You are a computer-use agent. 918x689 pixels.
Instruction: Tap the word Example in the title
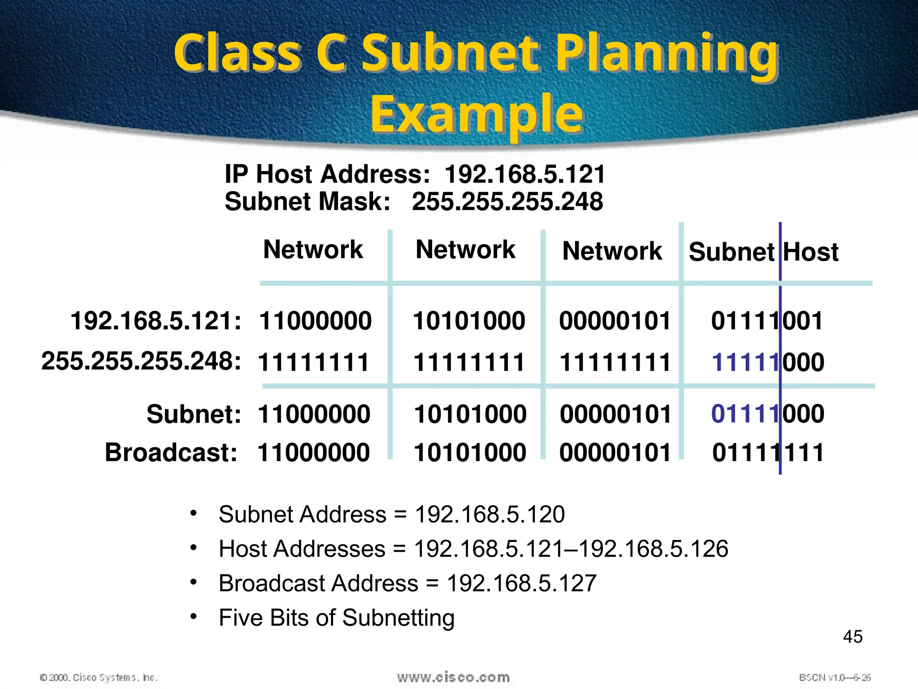[477, 114]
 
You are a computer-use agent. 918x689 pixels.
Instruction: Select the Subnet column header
[732, 252]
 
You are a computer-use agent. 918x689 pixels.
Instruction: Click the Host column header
[811, 252]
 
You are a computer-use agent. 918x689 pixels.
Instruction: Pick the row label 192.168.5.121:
[156, 321]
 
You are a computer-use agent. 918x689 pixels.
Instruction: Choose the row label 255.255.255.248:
[141, 361]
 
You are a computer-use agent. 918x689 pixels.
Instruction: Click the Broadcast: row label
[171, 452]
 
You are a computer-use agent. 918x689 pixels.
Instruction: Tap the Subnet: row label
[194, 414]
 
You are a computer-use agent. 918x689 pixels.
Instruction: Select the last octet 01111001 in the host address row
[767, 321]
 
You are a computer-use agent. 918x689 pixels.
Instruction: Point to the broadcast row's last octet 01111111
[768, 452]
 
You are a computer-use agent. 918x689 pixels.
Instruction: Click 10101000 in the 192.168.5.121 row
[469, 321]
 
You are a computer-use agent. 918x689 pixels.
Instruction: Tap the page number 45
[853, 637]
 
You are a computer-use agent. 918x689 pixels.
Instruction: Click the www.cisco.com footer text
[453, 677]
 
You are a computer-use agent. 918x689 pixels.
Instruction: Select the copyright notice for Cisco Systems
[99, 677]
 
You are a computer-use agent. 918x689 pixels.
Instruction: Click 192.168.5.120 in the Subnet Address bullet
[489, 514]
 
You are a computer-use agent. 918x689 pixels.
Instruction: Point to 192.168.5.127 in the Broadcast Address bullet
[522, 583]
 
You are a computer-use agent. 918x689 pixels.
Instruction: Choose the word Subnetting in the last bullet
[398, 618]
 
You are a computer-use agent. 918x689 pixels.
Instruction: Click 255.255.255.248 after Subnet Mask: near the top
[507, 201]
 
